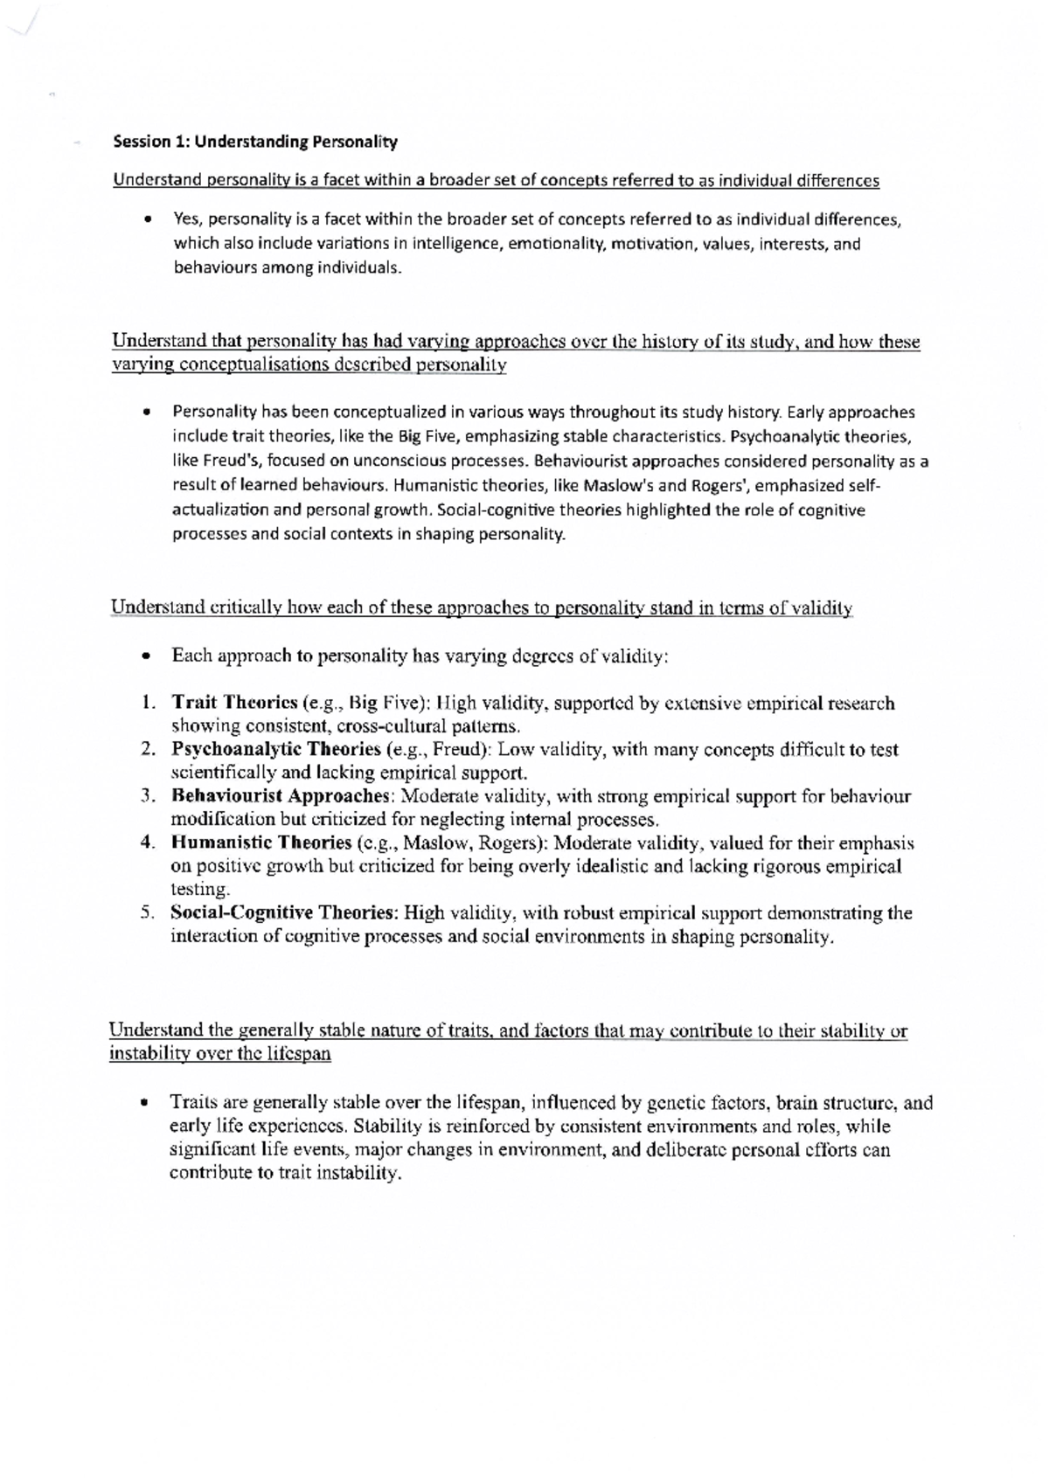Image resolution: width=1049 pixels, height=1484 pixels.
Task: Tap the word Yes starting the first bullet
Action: tap(187, 220)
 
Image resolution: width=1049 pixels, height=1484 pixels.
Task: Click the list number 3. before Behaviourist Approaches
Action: tap(148, 796)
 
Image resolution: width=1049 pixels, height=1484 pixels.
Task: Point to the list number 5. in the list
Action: tap(148, 913)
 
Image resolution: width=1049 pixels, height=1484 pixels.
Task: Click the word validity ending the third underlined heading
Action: tap(820, 609)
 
